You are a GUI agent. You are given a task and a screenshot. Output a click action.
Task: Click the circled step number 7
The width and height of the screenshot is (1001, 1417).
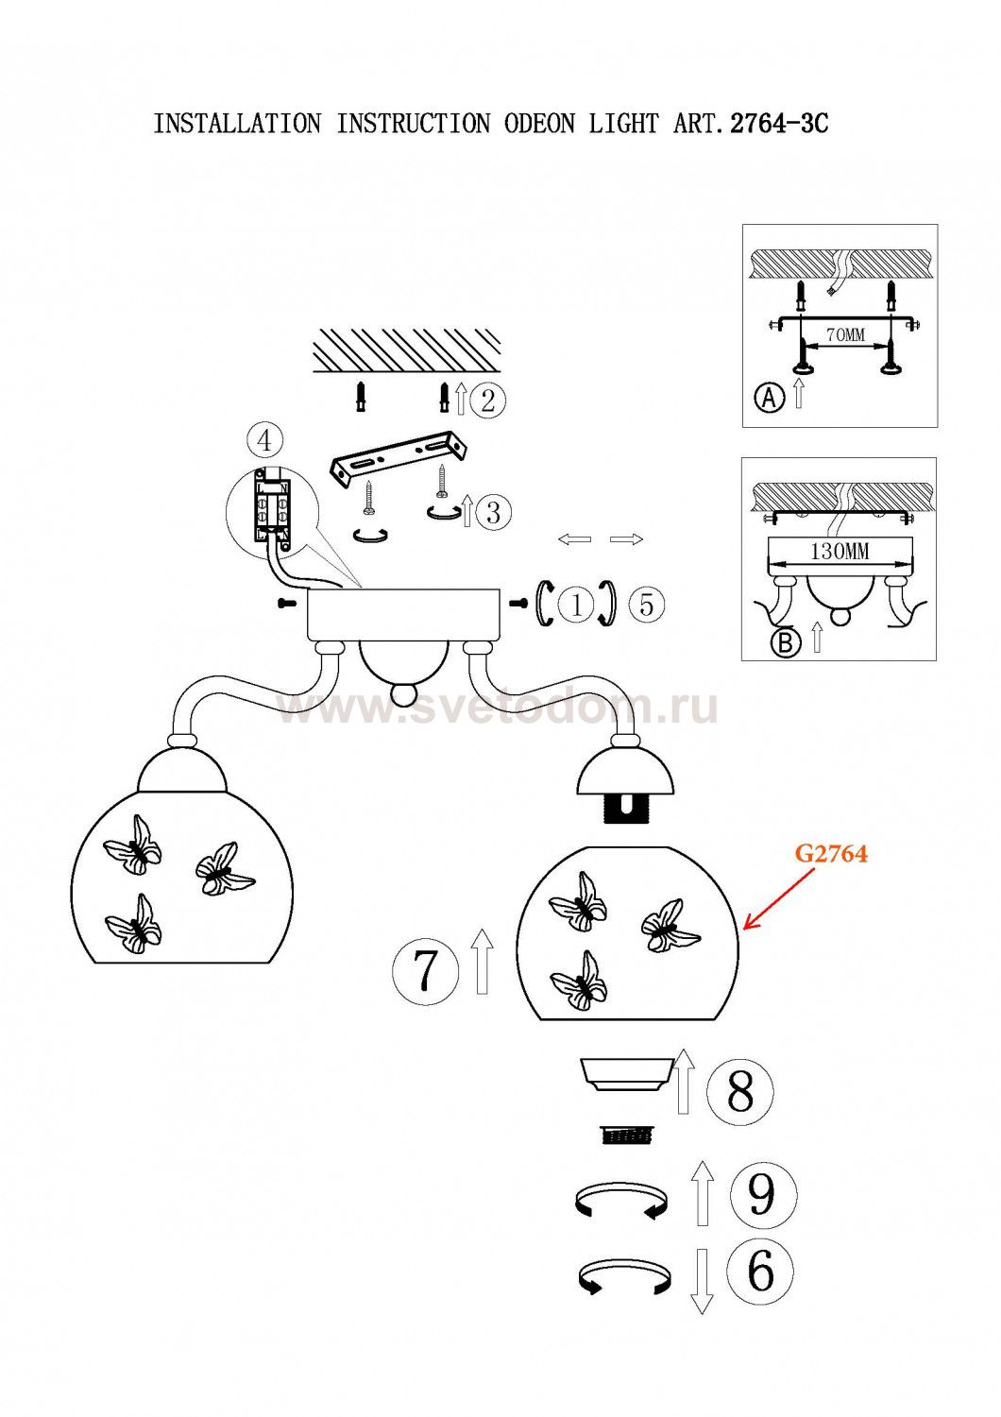(x=426, y=969)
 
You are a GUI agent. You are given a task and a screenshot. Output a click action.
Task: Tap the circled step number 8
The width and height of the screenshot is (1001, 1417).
(x=740, y=1091)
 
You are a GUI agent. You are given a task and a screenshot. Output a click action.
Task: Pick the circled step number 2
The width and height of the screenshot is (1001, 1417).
(x=487, y=401)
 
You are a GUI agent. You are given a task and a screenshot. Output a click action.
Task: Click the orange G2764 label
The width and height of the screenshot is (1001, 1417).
(x=831, y=853)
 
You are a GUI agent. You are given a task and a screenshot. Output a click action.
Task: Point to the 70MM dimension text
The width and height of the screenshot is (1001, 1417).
(x=844, y=334)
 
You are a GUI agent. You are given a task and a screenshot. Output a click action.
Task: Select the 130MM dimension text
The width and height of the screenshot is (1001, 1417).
(x=840, y=551)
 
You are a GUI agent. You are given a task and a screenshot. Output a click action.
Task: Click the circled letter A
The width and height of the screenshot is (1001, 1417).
(x=771, y=399)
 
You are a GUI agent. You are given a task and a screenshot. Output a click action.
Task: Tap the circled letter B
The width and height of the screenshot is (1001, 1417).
(x=785, y=642)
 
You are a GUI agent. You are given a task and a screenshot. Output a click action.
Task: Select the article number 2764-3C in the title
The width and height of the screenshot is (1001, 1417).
(x=780, y=124)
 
